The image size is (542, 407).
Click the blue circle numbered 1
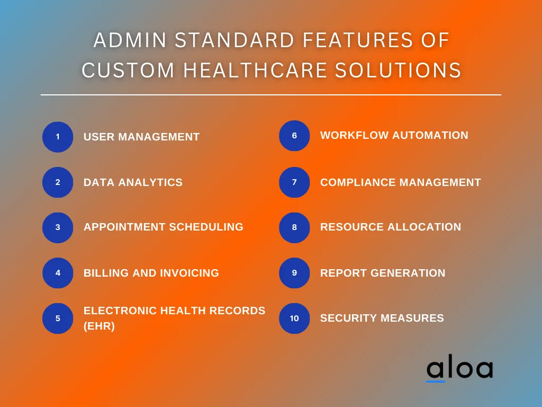[58, 137]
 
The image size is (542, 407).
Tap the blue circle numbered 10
[294, 318]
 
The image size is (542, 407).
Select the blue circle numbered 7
[294, 182]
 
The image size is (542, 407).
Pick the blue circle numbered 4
[58, 273]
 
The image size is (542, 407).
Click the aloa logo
[459, 369]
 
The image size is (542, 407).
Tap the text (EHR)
[99, 326]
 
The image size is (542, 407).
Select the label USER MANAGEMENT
[141, 137]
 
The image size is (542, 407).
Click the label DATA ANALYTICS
[133, 182]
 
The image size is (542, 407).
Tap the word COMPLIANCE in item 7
[358, 182]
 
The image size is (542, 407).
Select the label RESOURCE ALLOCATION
[391, 227]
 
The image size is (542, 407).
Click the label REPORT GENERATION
[383, 273]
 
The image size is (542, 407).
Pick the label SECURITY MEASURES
[382, 318]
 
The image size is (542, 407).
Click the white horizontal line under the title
[271, 95]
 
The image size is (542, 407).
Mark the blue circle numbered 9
[294, 273]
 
